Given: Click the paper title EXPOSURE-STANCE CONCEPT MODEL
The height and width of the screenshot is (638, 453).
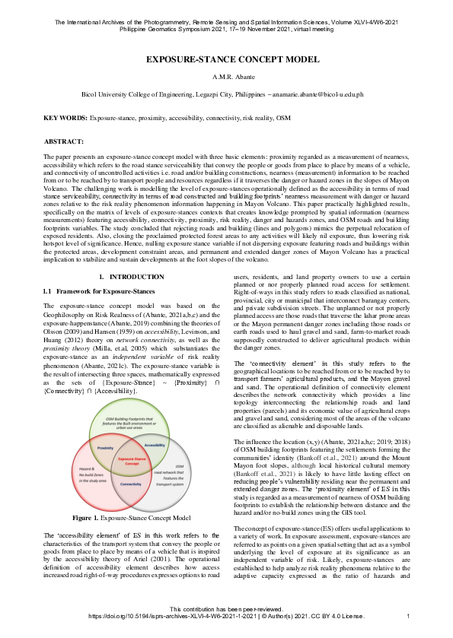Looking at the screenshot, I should pos(226,59).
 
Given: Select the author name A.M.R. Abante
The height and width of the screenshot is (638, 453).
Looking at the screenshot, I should pos(226,77).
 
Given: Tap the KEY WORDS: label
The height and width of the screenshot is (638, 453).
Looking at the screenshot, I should pos(65,119).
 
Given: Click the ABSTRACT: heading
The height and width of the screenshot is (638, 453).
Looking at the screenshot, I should pos(64,142).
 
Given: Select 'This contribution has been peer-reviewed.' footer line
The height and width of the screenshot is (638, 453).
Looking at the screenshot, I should pos(226,609).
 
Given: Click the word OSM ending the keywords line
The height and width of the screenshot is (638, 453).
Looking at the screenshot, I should pos(282,119).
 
